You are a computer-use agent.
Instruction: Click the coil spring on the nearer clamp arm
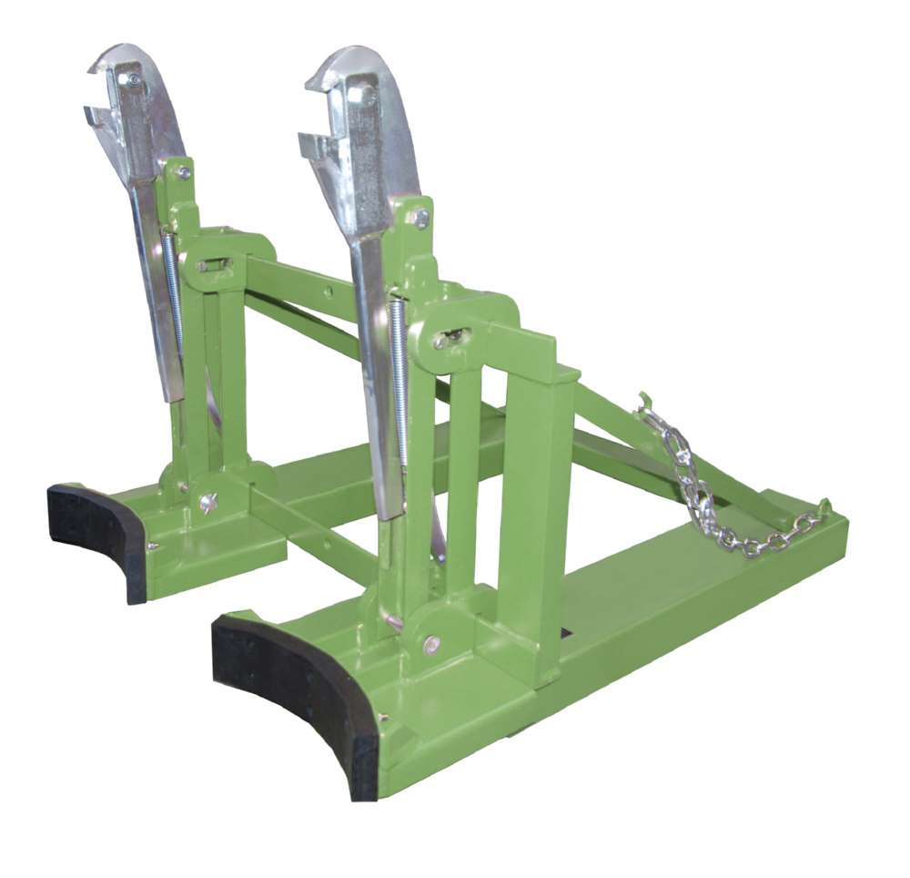pos(399,383)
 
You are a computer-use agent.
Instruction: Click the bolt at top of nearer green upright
pos(420,218)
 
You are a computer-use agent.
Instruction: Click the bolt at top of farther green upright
pos(185,171)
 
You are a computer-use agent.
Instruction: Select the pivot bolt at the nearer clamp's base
pos(431,644)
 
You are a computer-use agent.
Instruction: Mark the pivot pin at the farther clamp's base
pos(208,502)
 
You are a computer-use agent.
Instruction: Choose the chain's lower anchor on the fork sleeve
pos(824,510)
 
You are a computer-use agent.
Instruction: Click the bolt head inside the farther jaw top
pos(135,81)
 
